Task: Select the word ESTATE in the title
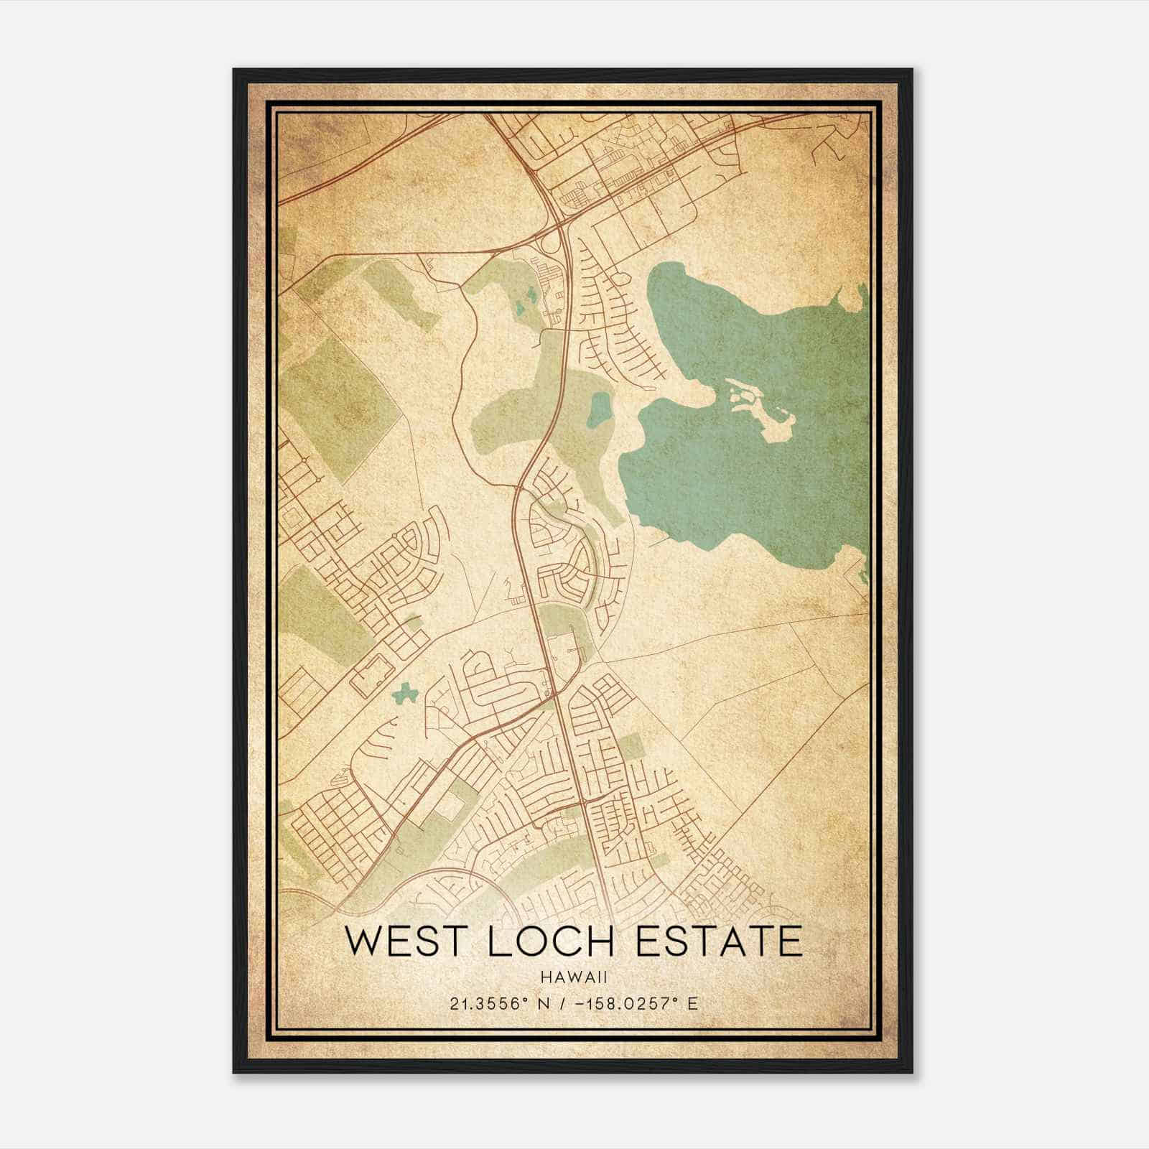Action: pos(719,942)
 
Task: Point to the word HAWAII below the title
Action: pos(574,977)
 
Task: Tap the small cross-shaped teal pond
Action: pos(406,693)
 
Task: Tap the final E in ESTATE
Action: pos(790,942)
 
